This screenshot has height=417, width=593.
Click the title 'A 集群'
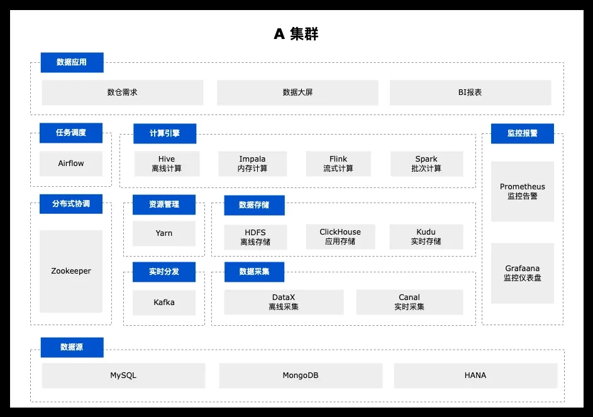tap(296, 34)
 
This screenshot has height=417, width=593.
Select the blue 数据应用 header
tap(72, 62)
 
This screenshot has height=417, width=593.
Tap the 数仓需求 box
tap(122, 92)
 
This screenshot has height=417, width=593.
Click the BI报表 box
tap(470, 92)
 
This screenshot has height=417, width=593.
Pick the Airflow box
tap(70, 164)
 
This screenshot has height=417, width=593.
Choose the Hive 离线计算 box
tap(167, 164)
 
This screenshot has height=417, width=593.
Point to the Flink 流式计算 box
tap(338, 164)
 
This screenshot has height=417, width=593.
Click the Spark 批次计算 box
tap(426, 164)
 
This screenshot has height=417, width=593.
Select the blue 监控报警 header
tap(523, 133)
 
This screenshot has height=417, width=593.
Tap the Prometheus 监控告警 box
tap(523, 191)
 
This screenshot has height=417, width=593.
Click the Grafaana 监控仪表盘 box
tap(523, 273)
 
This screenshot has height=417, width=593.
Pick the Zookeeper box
tap(70, 271)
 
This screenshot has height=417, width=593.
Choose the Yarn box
tap(163, 233)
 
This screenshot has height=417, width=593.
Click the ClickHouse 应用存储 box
tap(340, 236)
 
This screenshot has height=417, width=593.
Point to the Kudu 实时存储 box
tap(426, 236)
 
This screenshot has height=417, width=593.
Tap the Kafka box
tap(163, 303)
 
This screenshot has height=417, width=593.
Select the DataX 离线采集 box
tap(284, 302)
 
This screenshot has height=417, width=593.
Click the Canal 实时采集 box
tap(409, 302)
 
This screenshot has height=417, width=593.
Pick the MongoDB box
tap(301, 375)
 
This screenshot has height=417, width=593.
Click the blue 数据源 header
tap(72, 347)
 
